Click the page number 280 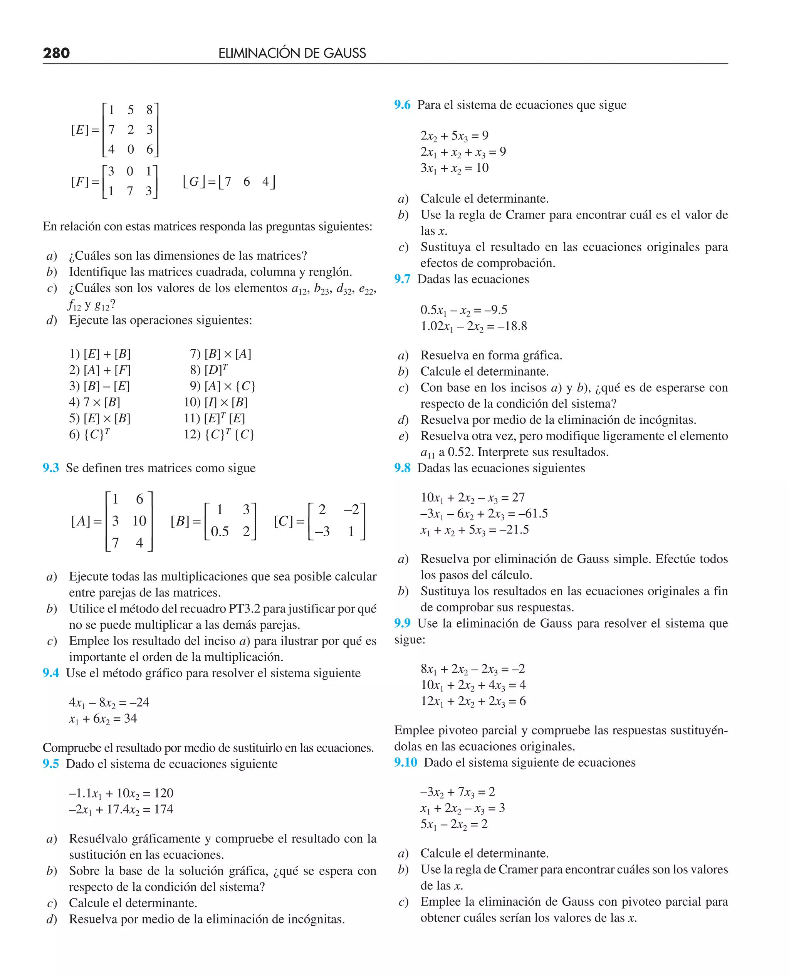point(56,53)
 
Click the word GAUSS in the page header point(344,53)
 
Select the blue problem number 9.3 point(50,468)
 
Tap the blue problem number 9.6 point(402,105)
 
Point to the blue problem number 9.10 point(405,762)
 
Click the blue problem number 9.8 point(402,468)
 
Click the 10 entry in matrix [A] point(139,521)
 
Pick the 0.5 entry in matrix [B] point(220,532)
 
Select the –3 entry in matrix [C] point(322,532)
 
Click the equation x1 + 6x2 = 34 point(103,718)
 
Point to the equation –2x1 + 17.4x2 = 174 point(121,809)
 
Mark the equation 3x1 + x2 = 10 point(454,168)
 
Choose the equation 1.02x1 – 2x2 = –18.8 point(473,326)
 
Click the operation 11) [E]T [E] point(214,418)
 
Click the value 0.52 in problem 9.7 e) point(460,452)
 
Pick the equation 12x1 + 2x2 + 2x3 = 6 point(473,701)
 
